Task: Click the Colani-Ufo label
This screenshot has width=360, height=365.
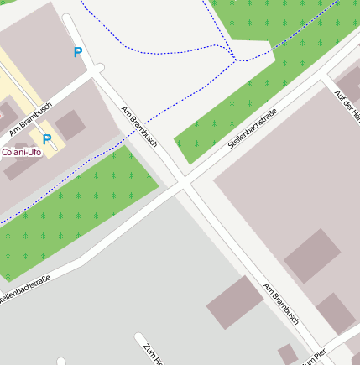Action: point(21,152)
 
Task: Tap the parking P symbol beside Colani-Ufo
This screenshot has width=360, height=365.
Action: point(47,139)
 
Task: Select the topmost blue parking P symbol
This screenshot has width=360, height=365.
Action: point(78,53)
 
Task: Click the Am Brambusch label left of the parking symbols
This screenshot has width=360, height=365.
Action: point(30,118)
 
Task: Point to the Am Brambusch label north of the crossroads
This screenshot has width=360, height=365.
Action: point(139,127)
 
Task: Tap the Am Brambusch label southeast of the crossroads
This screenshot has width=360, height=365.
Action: point(281,303)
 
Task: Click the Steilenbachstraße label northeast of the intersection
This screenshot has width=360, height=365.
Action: point(252,128)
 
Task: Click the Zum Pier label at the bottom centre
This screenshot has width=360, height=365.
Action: point(151,352)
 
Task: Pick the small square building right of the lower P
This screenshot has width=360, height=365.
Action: point(70,124)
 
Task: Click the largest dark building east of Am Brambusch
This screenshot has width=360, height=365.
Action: point(311,255)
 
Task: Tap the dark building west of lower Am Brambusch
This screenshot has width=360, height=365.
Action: point(233,302)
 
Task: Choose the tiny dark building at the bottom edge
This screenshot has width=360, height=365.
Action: point(288,353)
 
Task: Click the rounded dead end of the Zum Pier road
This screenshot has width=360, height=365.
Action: point(138,338)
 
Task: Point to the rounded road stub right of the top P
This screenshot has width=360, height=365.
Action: point(98,67)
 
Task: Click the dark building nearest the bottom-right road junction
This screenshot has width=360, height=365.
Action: point(336,313)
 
